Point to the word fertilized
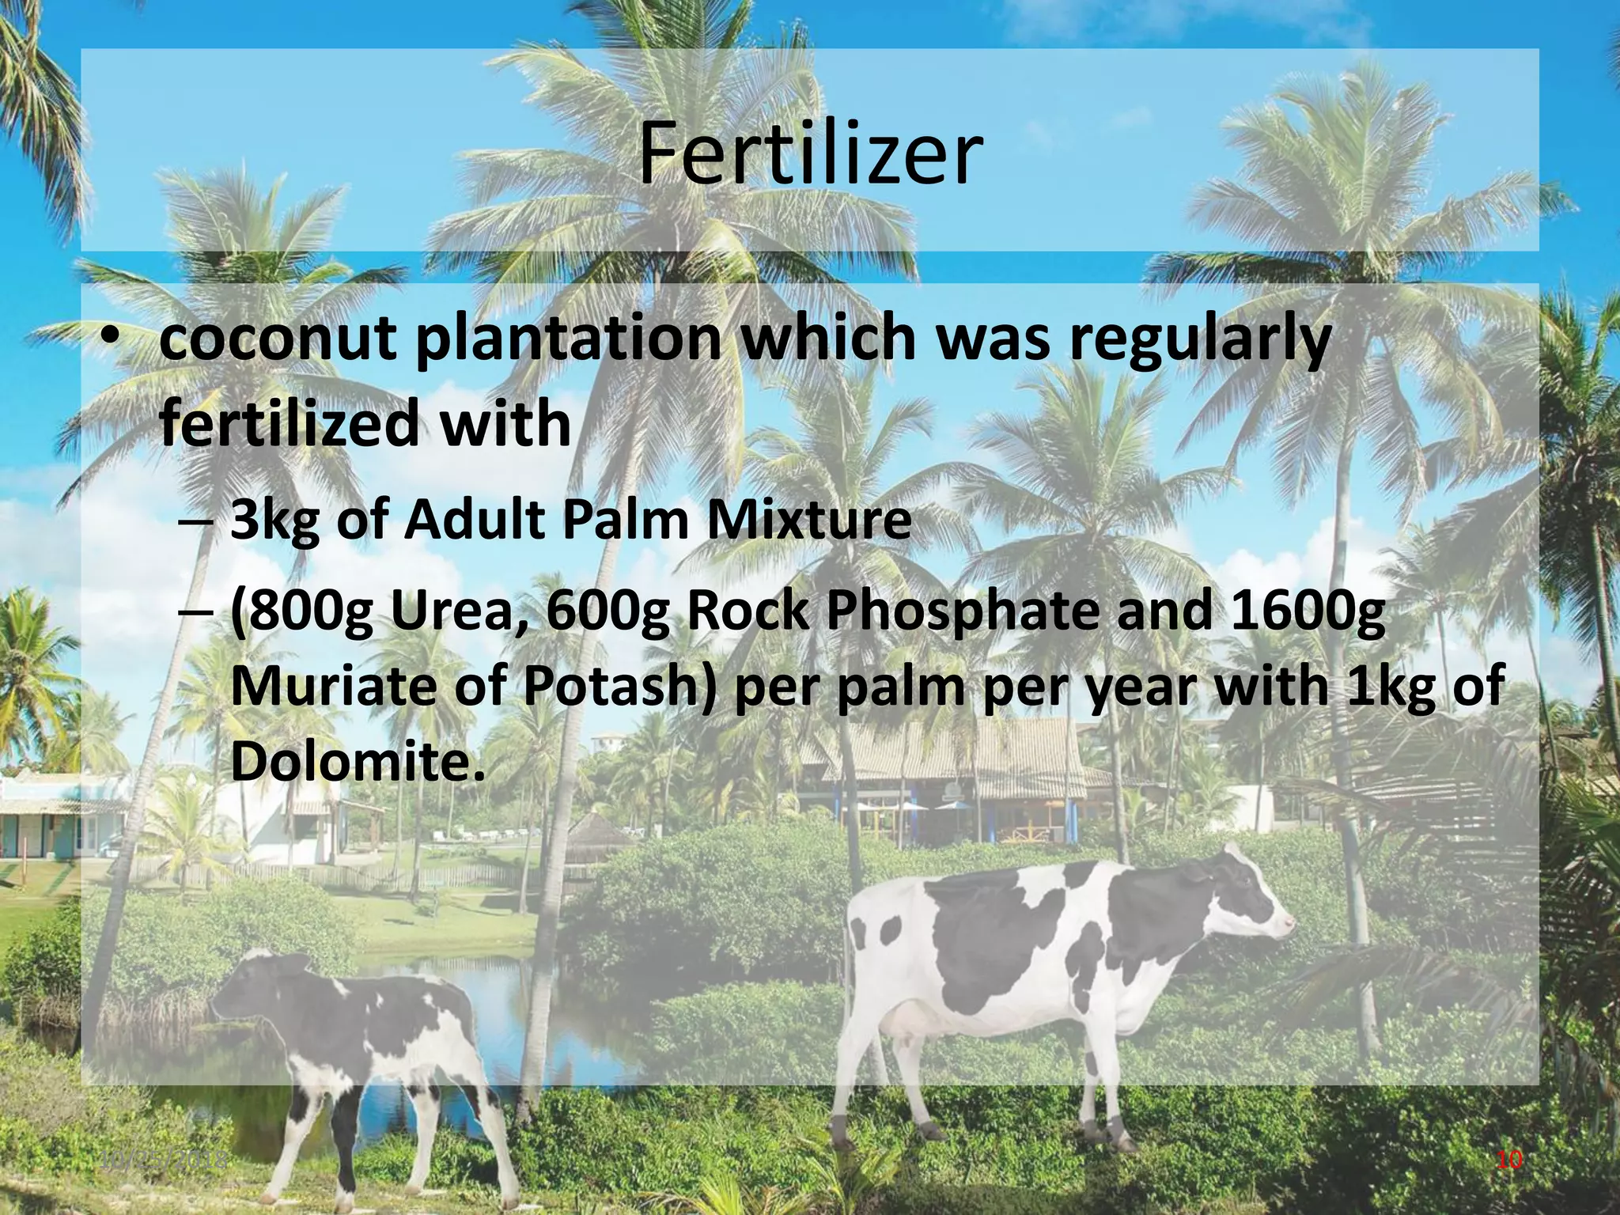[x=289, y=424]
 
